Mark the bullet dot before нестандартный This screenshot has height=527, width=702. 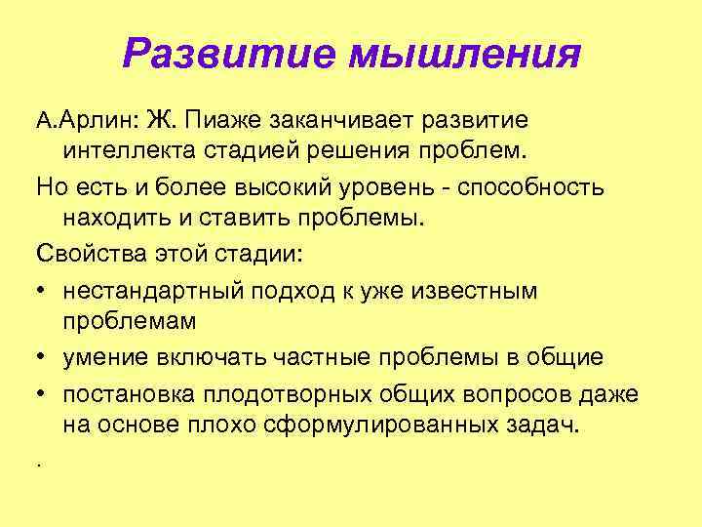click(x=43, y=291)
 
